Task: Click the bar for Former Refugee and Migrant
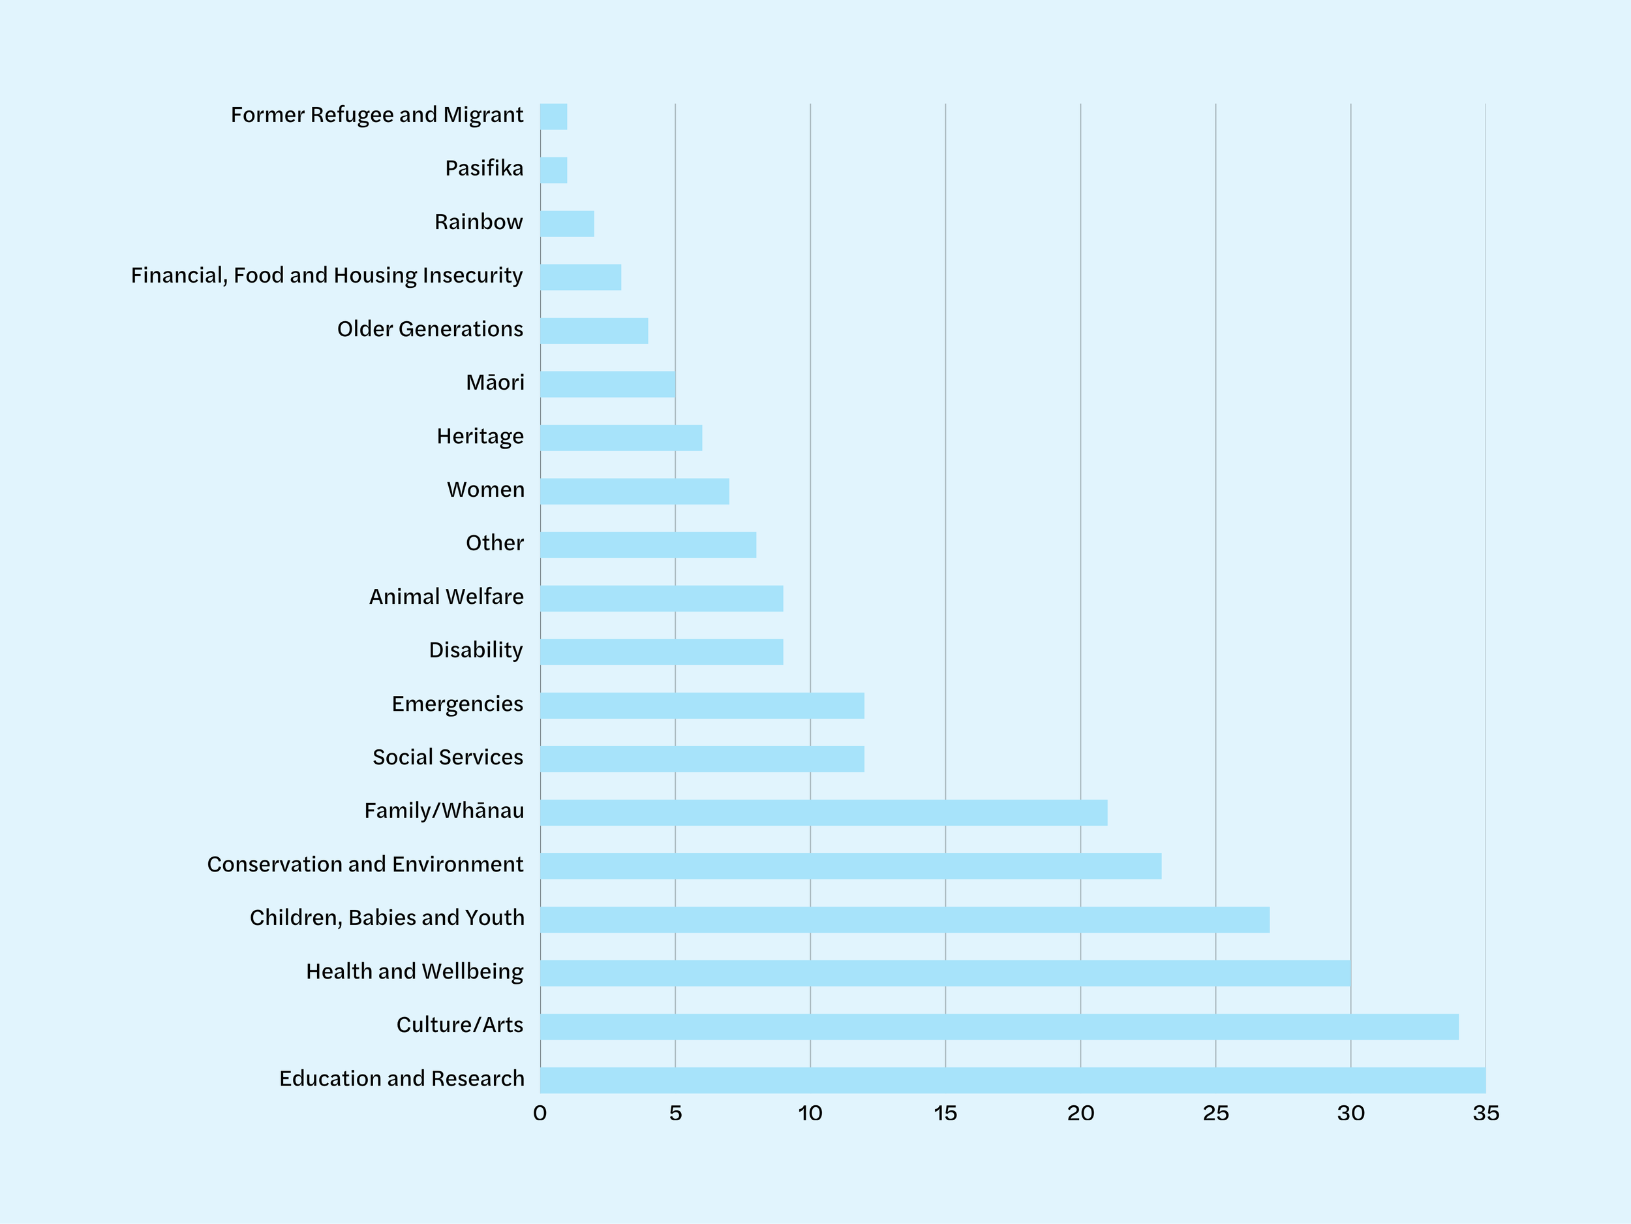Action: pos(554,117)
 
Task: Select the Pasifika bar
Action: pos(554,170)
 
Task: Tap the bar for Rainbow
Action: pos(567,223)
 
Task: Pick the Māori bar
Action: pos(607,384)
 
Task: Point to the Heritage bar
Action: pos(622,437)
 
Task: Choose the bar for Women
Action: pos(635,492)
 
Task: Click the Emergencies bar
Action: pos(703,705)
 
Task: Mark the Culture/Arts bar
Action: pos(1000,1026)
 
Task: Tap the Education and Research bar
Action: pos(1013,1080)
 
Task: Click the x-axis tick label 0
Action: pos(540,1113)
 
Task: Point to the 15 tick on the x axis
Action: pos(945,1113)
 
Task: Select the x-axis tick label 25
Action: pos(1216,1113)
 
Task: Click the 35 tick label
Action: pos(1486,1113)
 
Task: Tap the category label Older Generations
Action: pos(431,329)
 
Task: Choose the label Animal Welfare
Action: pos(447,596)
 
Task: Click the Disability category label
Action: pos(476,650)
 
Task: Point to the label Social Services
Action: pos(448,757)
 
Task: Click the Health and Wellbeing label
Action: pos(415,971)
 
